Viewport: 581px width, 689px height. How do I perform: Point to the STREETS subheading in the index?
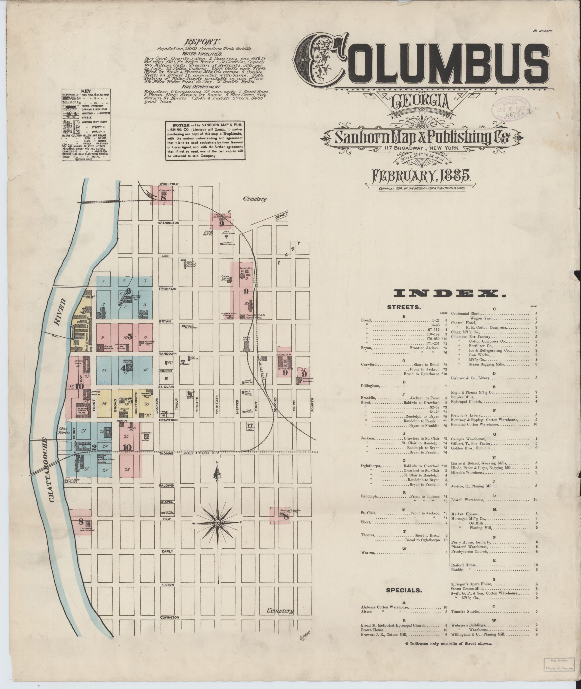[404, 307]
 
